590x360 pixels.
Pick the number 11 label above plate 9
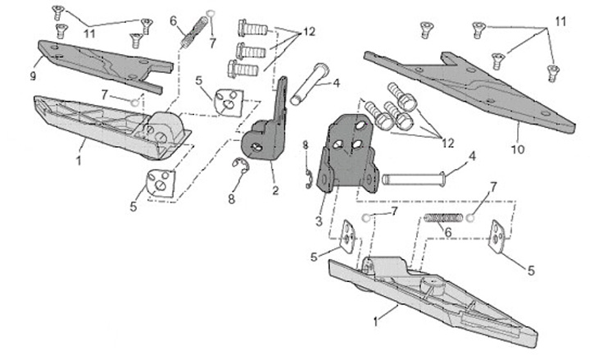click(89, 34)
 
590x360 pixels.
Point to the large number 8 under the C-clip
click(231, 198)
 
